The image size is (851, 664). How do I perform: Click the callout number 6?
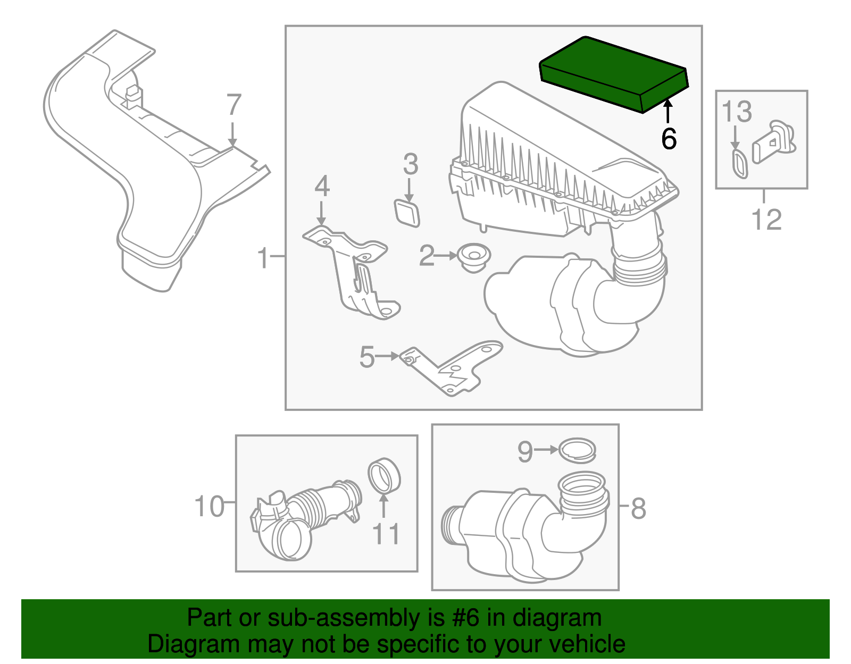click(669, 139)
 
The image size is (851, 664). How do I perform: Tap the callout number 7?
click(234, 105)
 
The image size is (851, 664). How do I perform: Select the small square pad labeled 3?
click(407, 213)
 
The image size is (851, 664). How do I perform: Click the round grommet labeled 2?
click(474, 257)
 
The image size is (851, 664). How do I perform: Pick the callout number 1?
click(263, 258)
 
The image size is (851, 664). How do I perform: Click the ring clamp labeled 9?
click(578, 450)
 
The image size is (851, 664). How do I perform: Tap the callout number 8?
click(638, 508)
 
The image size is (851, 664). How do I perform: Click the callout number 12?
click(766, 220)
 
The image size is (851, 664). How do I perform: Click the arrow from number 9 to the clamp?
click(546, 450)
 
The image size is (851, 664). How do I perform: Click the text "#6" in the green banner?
click(466, 618)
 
